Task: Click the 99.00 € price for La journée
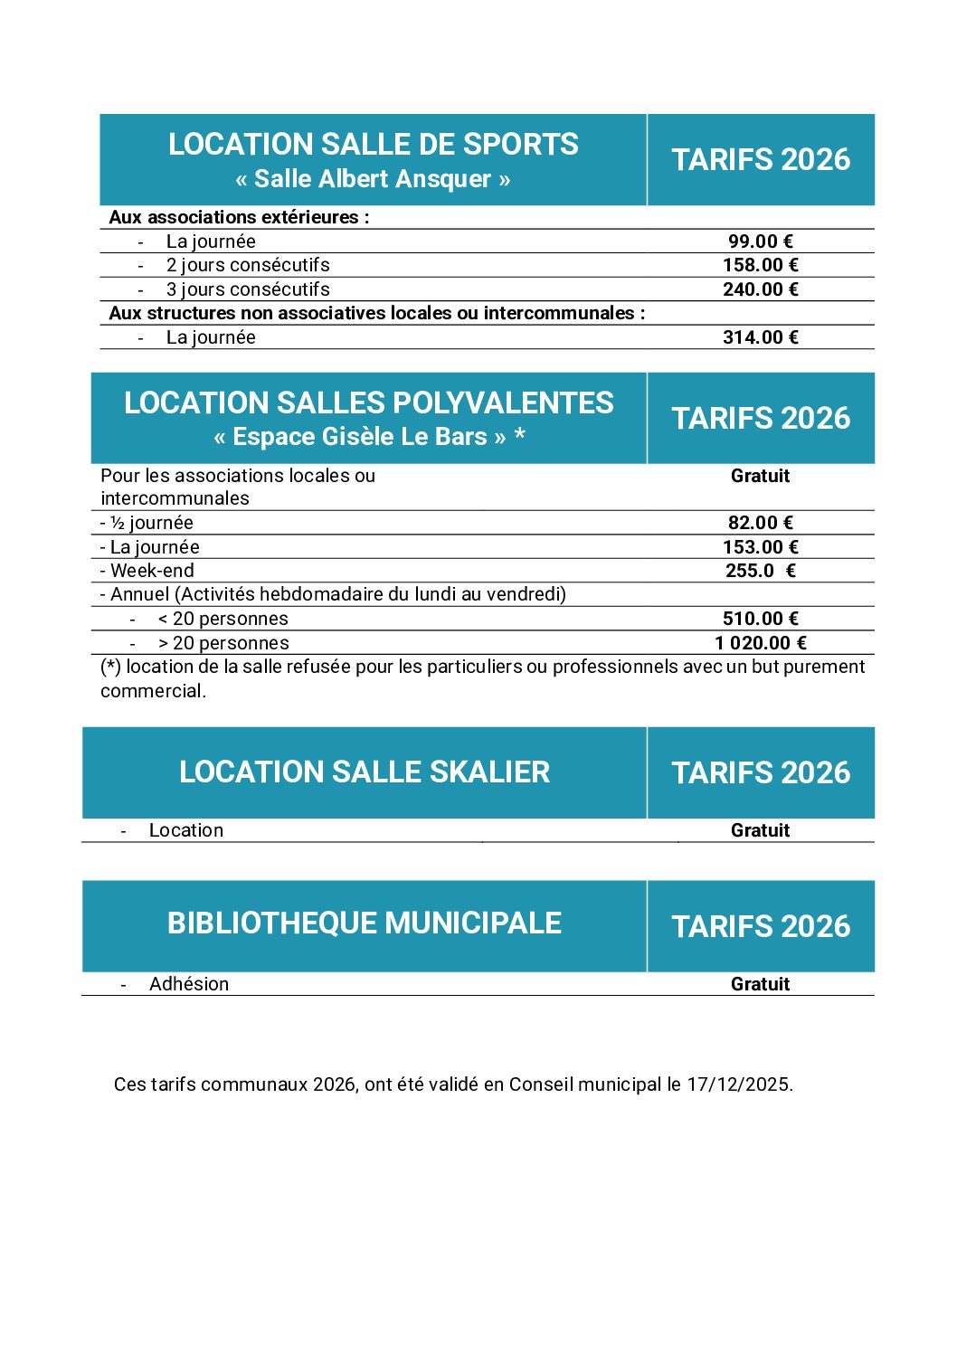click(x=760, y=241)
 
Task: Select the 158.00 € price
click(x=760, y=265)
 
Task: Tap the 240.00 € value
click(x=760, y=289)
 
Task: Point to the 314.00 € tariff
click(x=760, y=337)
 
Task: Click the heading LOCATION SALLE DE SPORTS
click(x=373, y=145)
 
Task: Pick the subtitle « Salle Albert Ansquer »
click(x=373, y=179)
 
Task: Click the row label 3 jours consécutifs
click(x=247, y=289)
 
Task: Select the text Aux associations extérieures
click(x=238, y=217)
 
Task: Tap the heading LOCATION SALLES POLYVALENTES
click(x=368, y=403)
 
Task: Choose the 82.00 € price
click(x=760, y=523)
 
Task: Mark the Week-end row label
click(x=151, y=571)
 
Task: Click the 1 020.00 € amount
click(x=760, y=643)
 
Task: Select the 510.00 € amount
click(x=760, y=619)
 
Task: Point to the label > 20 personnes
click(x=223, y=643)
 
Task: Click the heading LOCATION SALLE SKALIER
click(x=364, y=772)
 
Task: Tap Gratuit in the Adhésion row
click(x=760, y=984)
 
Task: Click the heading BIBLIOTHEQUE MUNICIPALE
click(x=364, y=923)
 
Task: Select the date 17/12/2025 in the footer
click(x=737, y=1084)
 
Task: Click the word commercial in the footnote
click(x=152, y=691)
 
